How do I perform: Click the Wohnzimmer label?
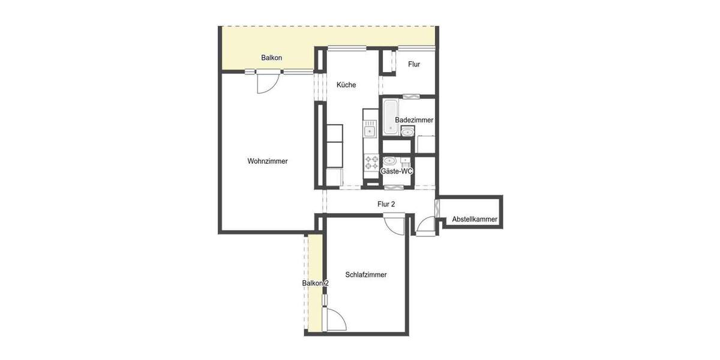coord(267,161)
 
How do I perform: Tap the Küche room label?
coord(346,85)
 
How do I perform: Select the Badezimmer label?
coord(414,120)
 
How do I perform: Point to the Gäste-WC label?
coord(397,172)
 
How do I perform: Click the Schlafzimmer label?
coord(366,275)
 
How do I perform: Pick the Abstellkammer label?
coord(475,220)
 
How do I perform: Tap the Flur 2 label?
coord(386,204)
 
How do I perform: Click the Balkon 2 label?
coord(315,283)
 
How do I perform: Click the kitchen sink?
coord(370,130)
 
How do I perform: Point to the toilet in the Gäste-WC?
coord(389,161)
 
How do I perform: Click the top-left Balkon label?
coord(271,58)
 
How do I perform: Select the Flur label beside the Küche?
coord(414,64)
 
